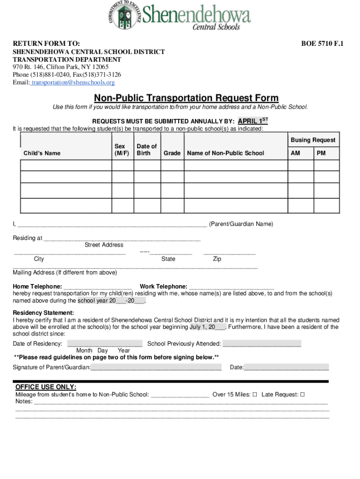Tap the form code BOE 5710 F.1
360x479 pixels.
(322, 44)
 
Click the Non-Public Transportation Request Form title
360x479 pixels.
(186, 98)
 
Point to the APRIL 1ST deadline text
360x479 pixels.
(253, 121)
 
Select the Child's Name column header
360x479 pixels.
(42, 153)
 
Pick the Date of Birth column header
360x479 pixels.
(146, 150)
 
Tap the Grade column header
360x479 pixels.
(172, 153)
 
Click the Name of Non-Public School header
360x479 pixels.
(225, 153)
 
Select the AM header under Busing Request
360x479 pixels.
(295, 153)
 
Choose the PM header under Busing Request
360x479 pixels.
(321, 153)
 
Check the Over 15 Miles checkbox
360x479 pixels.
(255, 394)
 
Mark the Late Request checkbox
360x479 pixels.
(302, 394)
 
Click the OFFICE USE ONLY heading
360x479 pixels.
(46, 387)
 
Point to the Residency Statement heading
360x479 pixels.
(43, 312)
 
